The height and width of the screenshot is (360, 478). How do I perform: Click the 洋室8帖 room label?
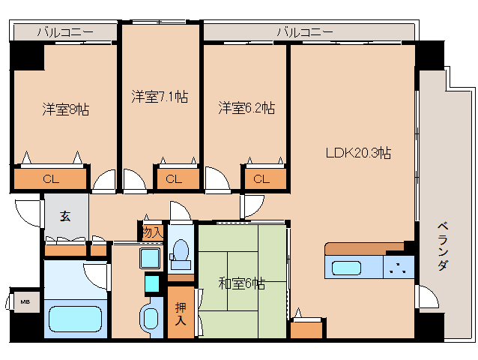[x=65, y=109]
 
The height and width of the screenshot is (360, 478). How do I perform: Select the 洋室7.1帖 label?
[x=160, y=97]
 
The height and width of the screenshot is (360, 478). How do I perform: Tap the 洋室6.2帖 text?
[x=246, y=108]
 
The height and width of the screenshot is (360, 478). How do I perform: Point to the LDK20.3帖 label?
[x=358, y=152]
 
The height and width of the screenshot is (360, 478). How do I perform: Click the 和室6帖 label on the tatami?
[x=241, y=283]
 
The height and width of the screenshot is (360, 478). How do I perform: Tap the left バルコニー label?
[x=65, y=32]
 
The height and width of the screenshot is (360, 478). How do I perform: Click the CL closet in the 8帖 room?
[x=51, y=179]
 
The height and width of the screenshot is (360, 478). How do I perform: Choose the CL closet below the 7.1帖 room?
[x=174, y=179]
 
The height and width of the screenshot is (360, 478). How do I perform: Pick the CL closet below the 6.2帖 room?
[x=261, y=179]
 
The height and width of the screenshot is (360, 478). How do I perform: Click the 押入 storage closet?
[x=181, y=313]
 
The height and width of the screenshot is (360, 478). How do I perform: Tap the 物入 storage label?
[x=151, y=232]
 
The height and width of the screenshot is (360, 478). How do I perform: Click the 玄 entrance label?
[x=65, y=217]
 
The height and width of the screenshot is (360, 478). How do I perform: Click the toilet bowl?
[x=180, y=255]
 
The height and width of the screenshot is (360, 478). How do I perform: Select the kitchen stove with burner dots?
[x=399, y=268]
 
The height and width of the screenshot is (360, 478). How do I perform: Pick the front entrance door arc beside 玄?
[x=28, y=213]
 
